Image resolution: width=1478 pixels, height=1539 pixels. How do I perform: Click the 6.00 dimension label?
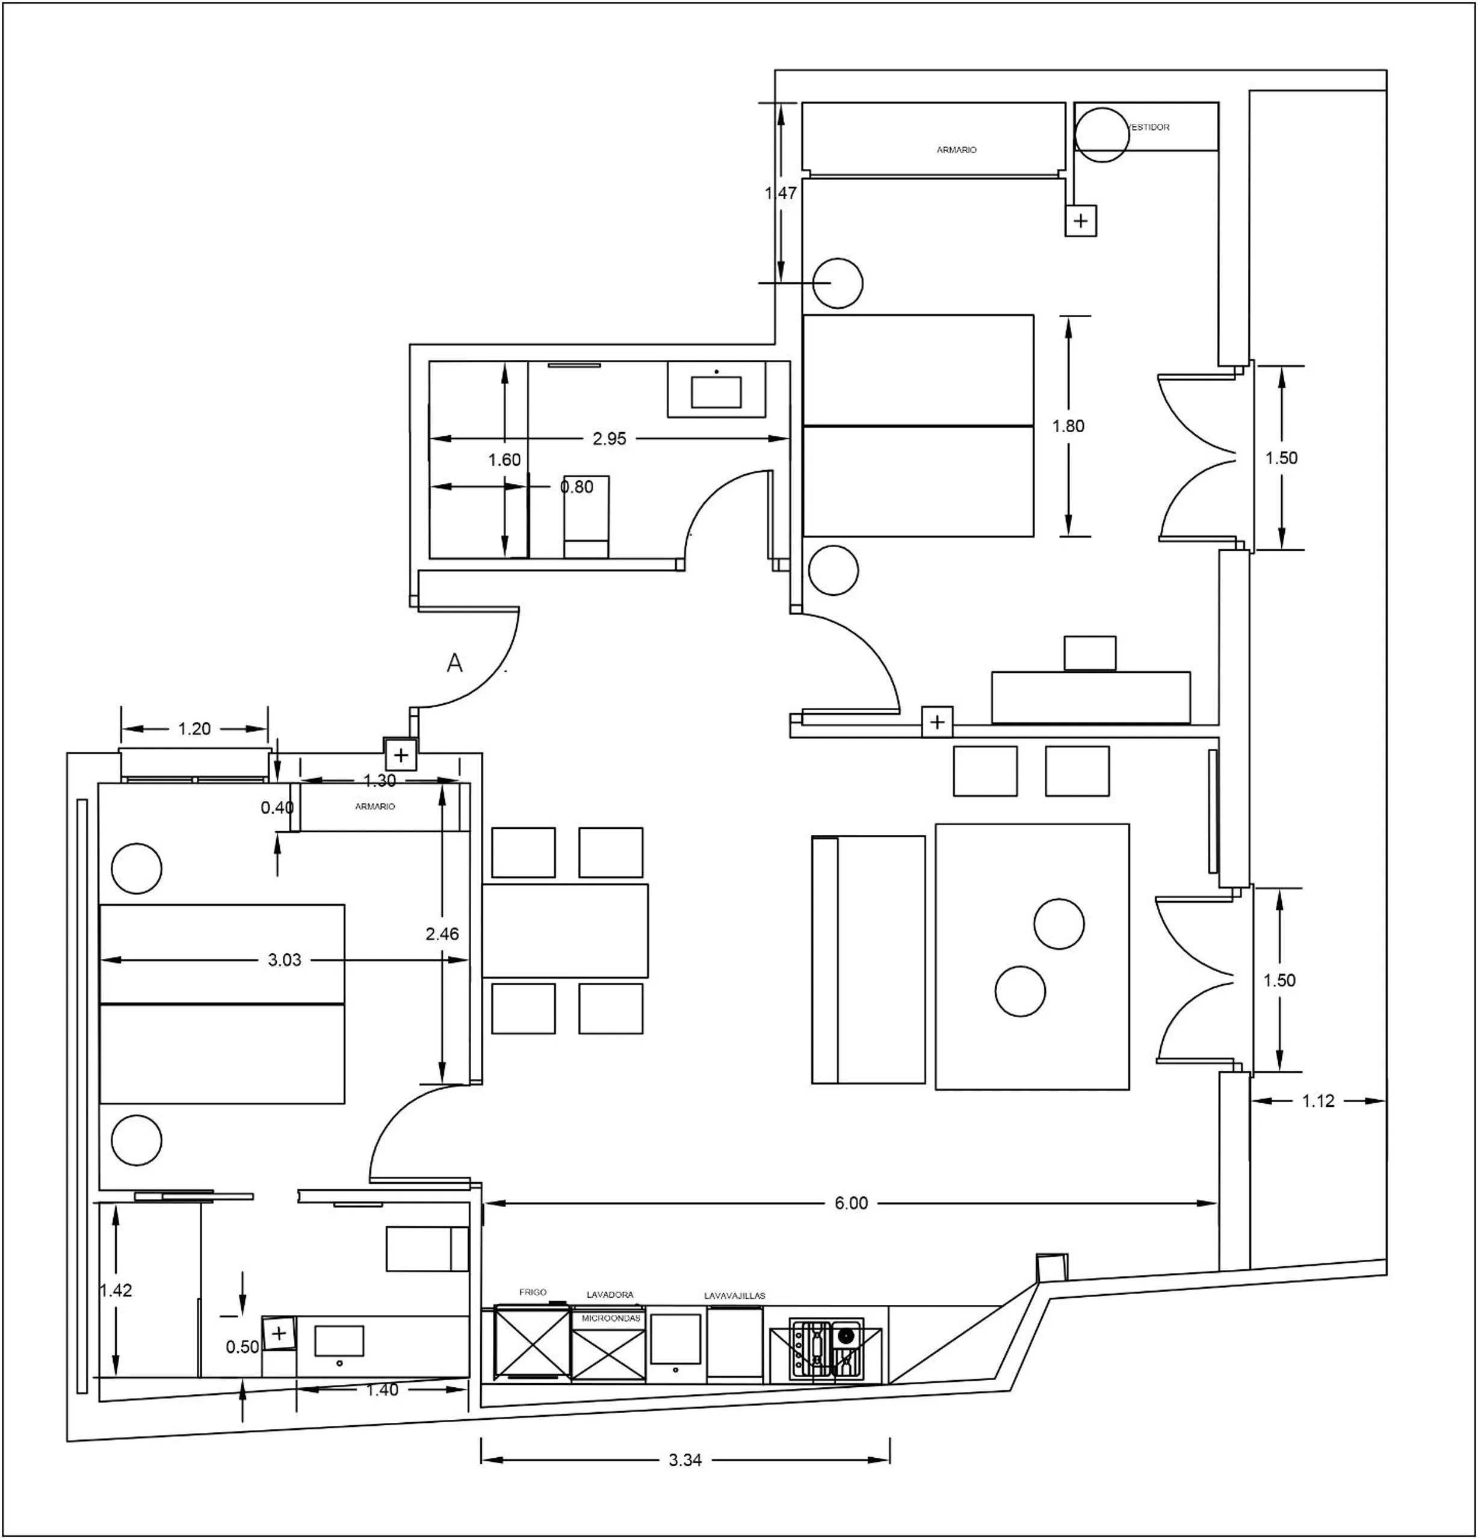851,1204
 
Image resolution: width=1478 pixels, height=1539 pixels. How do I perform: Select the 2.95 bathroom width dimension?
609,439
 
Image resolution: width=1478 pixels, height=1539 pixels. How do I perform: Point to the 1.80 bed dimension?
1068,426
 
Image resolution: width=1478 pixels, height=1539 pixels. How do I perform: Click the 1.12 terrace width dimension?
1318,1101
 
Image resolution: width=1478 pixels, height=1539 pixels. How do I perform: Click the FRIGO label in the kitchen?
533,1292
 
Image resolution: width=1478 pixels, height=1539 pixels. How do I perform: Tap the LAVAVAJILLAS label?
735,1296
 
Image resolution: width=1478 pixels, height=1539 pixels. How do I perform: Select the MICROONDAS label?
611,1319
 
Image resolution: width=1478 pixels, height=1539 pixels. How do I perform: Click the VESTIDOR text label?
1149,127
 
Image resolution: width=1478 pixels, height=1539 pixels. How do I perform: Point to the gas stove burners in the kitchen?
826,1351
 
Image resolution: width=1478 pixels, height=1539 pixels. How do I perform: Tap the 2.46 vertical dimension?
442,934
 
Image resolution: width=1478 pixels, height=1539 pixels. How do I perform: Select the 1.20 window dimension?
194,729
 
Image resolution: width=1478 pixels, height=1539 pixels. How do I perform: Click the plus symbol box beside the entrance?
401,755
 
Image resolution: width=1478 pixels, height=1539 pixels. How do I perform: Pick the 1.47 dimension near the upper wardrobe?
781,193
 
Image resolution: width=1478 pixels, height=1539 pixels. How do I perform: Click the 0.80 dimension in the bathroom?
577,487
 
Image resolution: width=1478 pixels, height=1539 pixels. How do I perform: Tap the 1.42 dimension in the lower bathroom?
116,1290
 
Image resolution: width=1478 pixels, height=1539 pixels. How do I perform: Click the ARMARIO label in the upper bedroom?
956,150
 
